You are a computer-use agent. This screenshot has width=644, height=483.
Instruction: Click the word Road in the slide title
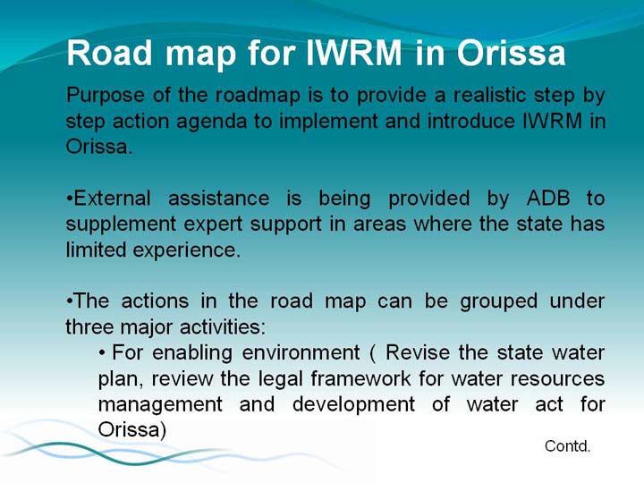(x=109, y=53)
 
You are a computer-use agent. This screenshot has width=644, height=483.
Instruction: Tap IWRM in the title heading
(x=354, y=53)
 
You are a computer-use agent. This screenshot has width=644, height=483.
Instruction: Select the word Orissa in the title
(x=512, y=53)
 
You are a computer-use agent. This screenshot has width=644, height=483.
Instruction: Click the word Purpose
(x=106, y=96)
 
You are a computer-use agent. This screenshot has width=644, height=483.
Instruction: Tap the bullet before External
(x=70, y=199)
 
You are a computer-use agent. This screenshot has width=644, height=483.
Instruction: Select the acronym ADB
(x=548, y=198)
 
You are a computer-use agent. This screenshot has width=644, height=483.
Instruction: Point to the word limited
(x=96, y=250)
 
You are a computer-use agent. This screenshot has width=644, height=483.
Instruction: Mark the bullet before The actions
(x=70, y=302)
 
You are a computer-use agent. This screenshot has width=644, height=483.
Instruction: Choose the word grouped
(x=498, y=302)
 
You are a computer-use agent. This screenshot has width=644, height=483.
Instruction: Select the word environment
(x=301, y=352)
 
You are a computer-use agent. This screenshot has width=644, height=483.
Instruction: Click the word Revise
(x=418, y=352)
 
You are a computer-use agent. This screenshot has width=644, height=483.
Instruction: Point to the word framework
(x=360, y=378)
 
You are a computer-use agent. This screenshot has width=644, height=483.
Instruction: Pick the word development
(x=353, y=405)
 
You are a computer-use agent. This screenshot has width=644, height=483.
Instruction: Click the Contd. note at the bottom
(x=568, y=445)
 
